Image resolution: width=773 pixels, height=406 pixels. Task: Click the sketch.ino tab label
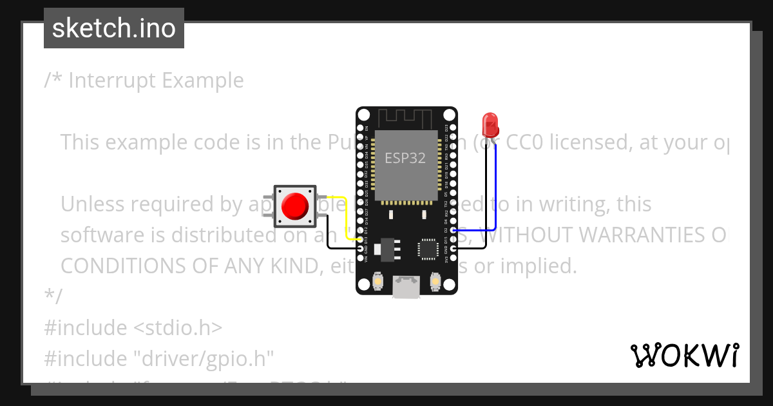113,28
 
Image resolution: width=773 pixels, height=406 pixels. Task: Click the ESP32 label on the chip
405,158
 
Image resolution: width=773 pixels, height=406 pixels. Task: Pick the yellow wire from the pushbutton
344,216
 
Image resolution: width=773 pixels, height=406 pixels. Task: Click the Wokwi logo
684,355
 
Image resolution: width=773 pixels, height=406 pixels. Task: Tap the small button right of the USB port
435,282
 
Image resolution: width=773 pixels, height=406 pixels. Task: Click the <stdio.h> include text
178,327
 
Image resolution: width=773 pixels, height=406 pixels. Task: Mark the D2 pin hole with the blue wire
453,229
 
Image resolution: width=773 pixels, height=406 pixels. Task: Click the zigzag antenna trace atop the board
405,119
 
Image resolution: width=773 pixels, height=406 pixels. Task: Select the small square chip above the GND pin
428,249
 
